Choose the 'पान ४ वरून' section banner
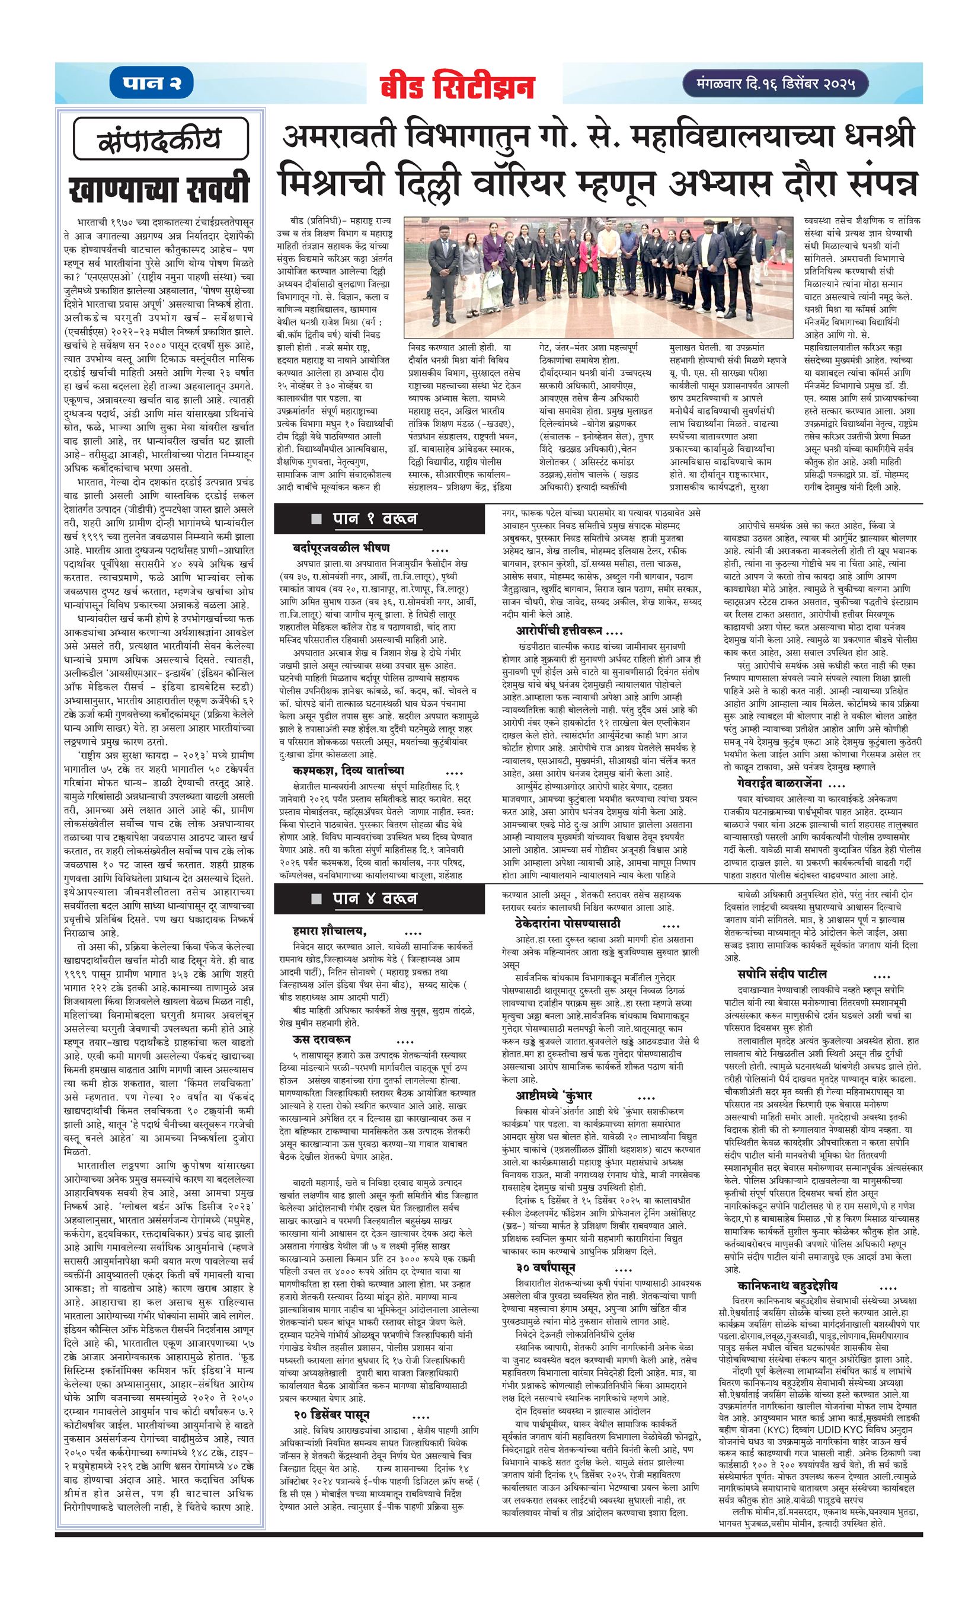pos(373,898)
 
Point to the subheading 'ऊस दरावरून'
pos(324,1039)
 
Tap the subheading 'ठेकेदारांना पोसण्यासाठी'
pos(568,923)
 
